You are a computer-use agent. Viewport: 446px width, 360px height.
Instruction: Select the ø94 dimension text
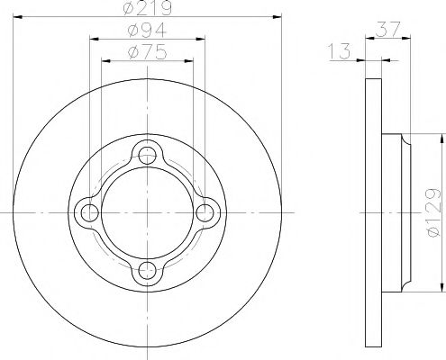pos(148,30)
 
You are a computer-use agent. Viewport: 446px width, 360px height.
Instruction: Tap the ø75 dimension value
pos(148,51)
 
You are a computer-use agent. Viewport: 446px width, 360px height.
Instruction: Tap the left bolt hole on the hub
pos(89,212)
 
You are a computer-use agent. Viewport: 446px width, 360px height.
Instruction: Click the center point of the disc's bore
pos(148,212)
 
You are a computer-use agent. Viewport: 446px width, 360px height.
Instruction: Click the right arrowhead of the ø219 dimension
pos(279,17)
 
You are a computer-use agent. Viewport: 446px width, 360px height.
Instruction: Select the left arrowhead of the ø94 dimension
pos(94,39)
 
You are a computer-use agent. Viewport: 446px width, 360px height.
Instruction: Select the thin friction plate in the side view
pos(372,212)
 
